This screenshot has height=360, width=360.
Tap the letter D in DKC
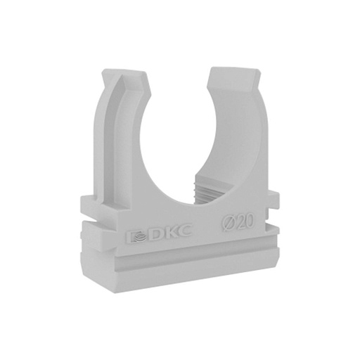tap(155, 233)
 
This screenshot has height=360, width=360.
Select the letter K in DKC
tap(169, 231)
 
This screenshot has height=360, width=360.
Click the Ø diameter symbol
tap(229, 223)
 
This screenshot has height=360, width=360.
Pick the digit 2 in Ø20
tap(242, 221)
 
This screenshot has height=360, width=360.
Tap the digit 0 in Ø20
tap(250, 221)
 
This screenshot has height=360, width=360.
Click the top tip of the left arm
tap(124, 70)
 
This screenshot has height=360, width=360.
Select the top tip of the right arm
tap(234, 68)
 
